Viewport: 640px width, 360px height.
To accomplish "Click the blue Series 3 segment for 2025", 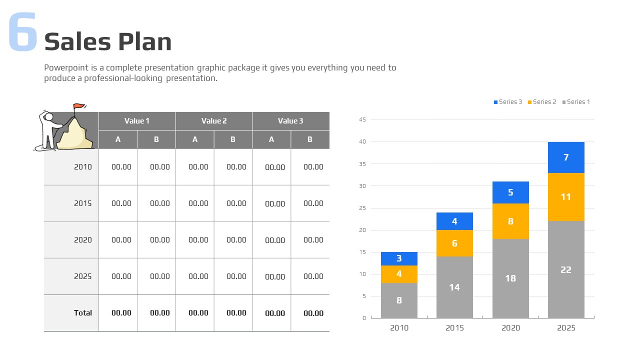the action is (x=566, y=157).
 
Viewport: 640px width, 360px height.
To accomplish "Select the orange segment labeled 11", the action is (x=566, y=197).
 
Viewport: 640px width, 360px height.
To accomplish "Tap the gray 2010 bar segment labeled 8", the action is (x=399, y=300).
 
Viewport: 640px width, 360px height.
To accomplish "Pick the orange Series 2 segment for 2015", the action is (x=454, y=243).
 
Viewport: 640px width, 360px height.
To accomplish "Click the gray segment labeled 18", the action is (x=510, y=278).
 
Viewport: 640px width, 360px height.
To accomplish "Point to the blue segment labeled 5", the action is (x=510, y=192).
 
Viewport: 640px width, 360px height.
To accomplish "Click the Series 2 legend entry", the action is (x=542, y=102).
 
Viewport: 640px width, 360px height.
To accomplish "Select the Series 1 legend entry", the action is (x=576, y=102).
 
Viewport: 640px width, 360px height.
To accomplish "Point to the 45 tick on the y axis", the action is (x=362, y=119).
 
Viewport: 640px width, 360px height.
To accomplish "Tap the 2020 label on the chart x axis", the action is (x=510, y=327).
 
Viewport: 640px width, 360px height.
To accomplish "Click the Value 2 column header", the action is (x=214, y=121).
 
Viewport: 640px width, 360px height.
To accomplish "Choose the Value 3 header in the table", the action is (x=290, y=121).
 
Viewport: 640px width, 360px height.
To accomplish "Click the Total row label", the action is (x=83, y=313).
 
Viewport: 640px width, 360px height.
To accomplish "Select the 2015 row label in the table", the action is (x=83, y=203).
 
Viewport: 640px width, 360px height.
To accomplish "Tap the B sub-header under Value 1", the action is (x=156, y=139).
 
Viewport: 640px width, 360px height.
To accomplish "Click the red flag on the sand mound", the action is (x=79, y=106).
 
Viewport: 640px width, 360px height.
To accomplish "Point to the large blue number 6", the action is (x=23, y=31).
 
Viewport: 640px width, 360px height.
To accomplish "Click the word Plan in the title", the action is (x=145, y=41).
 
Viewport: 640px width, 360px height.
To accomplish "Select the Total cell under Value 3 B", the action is (x=313, y=313).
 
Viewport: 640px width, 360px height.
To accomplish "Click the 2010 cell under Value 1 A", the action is (x=121, y=167).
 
